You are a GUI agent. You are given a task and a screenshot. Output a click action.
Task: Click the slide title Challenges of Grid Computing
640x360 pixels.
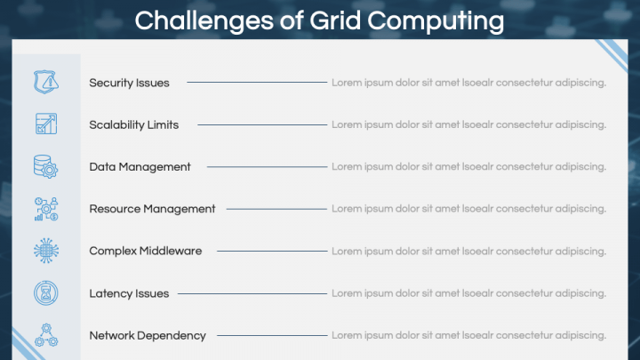click(x=319, y=20)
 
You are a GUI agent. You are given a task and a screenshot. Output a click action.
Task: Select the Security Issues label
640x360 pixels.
click(x=129, y=83)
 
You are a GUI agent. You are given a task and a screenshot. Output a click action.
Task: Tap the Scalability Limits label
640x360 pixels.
click(x=133, y=125)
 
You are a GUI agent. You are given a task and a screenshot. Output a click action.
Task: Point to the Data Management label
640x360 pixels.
click(x=140, y=167)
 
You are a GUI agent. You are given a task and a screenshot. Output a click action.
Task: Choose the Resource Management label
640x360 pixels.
click(x=152, y=209)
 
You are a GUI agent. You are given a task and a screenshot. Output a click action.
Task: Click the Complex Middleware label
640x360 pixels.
click(x=145, y=252)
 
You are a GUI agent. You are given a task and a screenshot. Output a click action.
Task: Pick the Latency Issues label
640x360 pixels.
click(x=129, y=293)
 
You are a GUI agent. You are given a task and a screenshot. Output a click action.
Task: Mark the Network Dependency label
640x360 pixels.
click(x=148, y=336)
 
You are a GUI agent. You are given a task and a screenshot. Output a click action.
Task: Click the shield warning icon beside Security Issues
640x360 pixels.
click(x=45, y=82)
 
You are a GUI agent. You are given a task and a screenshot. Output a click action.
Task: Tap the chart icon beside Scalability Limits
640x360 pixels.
click(x=45, y=124)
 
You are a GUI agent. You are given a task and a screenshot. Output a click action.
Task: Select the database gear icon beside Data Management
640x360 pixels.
click(x=45, y=166)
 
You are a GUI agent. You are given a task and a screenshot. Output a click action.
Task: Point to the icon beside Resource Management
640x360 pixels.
click(x=45, y=209)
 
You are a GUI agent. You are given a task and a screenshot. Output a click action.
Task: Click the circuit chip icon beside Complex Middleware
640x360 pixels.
click(x=45, y=251)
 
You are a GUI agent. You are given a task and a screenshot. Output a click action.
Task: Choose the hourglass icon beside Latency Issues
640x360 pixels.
click(x=45, y=293)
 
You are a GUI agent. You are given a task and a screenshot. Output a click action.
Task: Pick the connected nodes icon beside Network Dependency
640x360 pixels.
click(x=45, y=335)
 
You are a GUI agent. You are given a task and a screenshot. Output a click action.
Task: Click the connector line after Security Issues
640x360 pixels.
click(x=256, y=83)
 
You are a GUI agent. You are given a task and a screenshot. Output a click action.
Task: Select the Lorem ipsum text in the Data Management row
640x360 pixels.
click(x=468, y=167)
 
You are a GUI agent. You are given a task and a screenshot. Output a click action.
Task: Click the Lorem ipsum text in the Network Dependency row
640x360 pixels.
click(x=468, y=336)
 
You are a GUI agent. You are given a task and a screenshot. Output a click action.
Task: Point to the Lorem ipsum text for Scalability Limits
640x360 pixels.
click(x=468, y=125)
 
